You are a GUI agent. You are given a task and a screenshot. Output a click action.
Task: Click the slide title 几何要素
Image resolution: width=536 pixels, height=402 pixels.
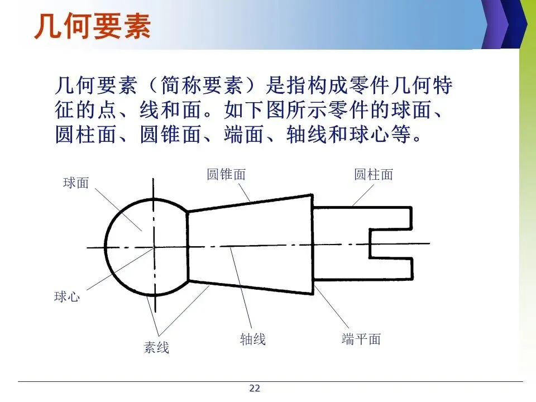pos(92,26)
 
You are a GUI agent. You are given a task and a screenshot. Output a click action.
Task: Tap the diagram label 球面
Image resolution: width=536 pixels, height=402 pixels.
pos(76,183)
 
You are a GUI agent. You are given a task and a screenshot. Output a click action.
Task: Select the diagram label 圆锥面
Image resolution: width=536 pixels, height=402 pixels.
pos(226,174)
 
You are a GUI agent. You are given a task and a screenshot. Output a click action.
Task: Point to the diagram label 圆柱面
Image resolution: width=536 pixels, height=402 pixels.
pos(374,174)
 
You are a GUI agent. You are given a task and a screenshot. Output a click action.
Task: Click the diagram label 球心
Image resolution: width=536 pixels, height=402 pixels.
pos(67,296)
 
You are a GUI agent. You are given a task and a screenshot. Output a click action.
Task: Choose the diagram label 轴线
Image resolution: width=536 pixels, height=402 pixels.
pos(253,338)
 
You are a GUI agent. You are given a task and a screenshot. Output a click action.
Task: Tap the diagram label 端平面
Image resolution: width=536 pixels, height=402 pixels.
pos(361,338)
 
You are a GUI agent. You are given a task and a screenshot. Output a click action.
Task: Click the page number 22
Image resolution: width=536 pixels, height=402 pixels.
pos(255,389)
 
